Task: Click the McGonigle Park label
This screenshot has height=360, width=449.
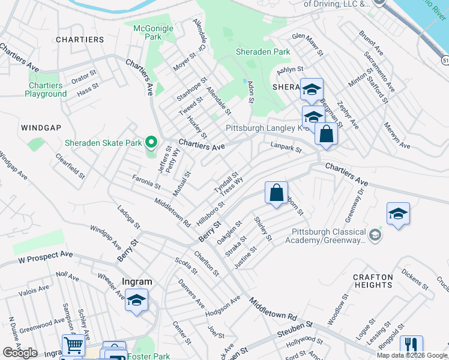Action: tap(152, 32)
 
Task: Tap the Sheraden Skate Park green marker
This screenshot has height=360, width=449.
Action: tap(151, 142)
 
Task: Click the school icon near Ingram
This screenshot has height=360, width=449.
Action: tap(136, 300)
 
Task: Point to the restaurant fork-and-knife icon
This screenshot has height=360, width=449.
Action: tap(411, 346)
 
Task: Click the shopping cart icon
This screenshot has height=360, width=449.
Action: tap(73, 345)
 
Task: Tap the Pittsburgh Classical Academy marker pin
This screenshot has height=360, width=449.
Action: tap(376, 233)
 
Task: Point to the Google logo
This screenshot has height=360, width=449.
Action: tap(20, 353)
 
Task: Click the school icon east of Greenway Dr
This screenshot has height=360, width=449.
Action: tap(398, 214)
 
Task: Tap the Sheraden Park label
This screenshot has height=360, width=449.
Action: tap(263, 52)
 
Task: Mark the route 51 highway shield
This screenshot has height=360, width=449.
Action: tap(445, 61)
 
